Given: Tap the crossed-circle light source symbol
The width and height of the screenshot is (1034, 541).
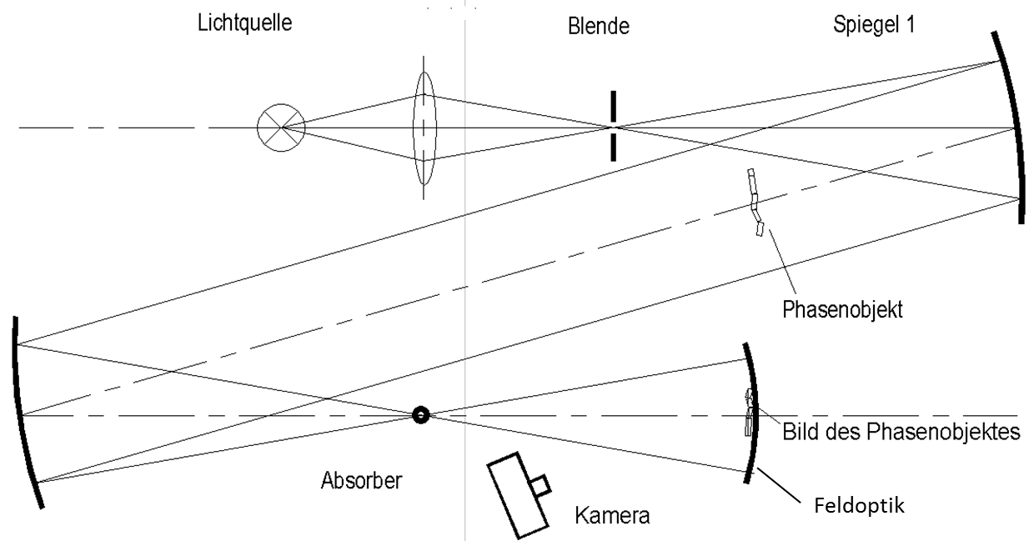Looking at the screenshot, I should [x=281, y=128].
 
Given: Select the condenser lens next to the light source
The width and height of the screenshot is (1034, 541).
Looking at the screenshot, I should [x=424, y=128].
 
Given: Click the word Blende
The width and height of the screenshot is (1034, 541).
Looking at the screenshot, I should [x=594, y=28].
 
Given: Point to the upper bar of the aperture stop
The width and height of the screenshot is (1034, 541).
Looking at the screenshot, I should [x=613, y=106].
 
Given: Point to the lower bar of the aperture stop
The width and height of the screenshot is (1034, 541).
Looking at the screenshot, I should [x=613, y=146].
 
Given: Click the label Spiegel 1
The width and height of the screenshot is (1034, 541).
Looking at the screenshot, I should [x=873, y=25].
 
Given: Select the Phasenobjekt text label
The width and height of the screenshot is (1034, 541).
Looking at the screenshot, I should [x=842, y=310].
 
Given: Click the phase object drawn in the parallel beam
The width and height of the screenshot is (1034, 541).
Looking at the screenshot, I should [x=755, y=203].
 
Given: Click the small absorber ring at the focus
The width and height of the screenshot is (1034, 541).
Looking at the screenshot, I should [x=420, y=414].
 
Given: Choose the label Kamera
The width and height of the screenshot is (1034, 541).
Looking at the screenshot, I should [x=612, y=515].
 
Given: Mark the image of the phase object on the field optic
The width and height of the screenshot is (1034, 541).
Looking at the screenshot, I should [x=750, y=413].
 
